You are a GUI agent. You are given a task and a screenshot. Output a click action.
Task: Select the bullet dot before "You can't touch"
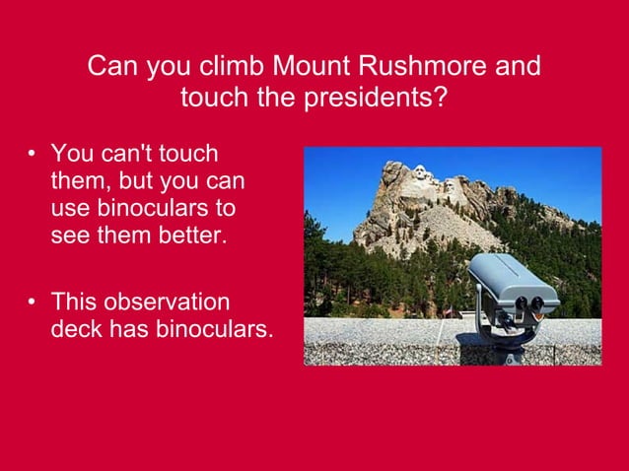tap(33, 155)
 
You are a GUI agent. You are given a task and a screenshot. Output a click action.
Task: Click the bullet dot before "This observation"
tap(33, 302)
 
